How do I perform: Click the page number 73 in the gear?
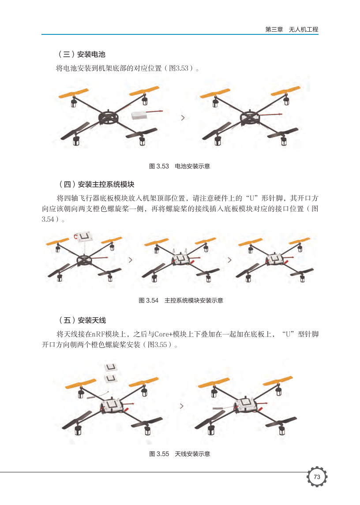point(317,476)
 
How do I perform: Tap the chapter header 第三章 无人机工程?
point(292,29)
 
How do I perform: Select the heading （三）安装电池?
point(81,54)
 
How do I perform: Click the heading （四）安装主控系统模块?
point(96,184)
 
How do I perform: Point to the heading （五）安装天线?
point(82,320)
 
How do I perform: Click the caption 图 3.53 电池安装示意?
point(180,166)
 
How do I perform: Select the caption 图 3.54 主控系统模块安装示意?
point(181,300)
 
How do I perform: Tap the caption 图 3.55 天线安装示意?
point(180,454)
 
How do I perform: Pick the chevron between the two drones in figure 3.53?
point(183,118)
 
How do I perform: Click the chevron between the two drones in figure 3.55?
point(182,406)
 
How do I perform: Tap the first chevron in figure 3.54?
point(131,260)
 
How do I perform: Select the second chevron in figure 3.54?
point(229,260)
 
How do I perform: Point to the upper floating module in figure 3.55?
point(111,367)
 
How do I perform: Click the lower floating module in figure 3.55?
point(111,378)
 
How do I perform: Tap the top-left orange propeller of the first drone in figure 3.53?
point(74,94)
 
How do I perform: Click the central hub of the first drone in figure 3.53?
point(108,118)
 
